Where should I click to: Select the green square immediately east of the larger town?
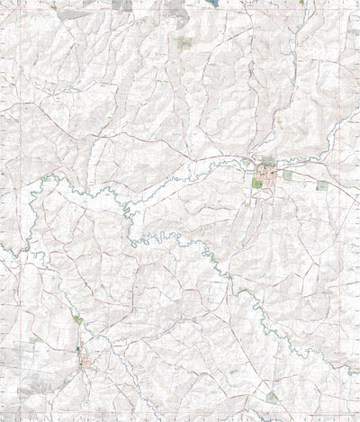288,176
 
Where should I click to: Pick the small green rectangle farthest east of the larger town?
322,185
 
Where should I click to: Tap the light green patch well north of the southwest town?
78,319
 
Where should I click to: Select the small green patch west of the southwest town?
36,339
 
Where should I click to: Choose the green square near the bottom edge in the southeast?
272,397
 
